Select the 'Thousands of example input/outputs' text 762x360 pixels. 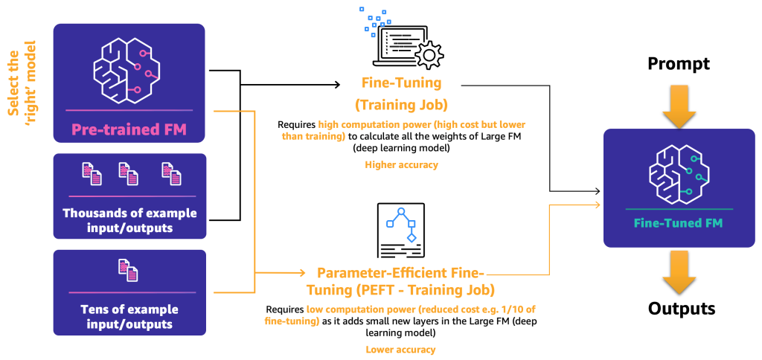coord(129,220)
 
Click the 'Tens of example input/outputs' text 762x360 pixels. coord(129,316)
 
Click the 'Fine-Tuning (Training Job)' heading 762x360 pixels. coord(401,93)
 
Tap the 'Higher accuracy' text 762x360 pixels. coord(401,164)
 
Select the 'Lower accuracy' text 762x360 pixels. coord(400,349)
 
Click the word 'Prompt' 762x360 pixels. coord(678,64)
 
